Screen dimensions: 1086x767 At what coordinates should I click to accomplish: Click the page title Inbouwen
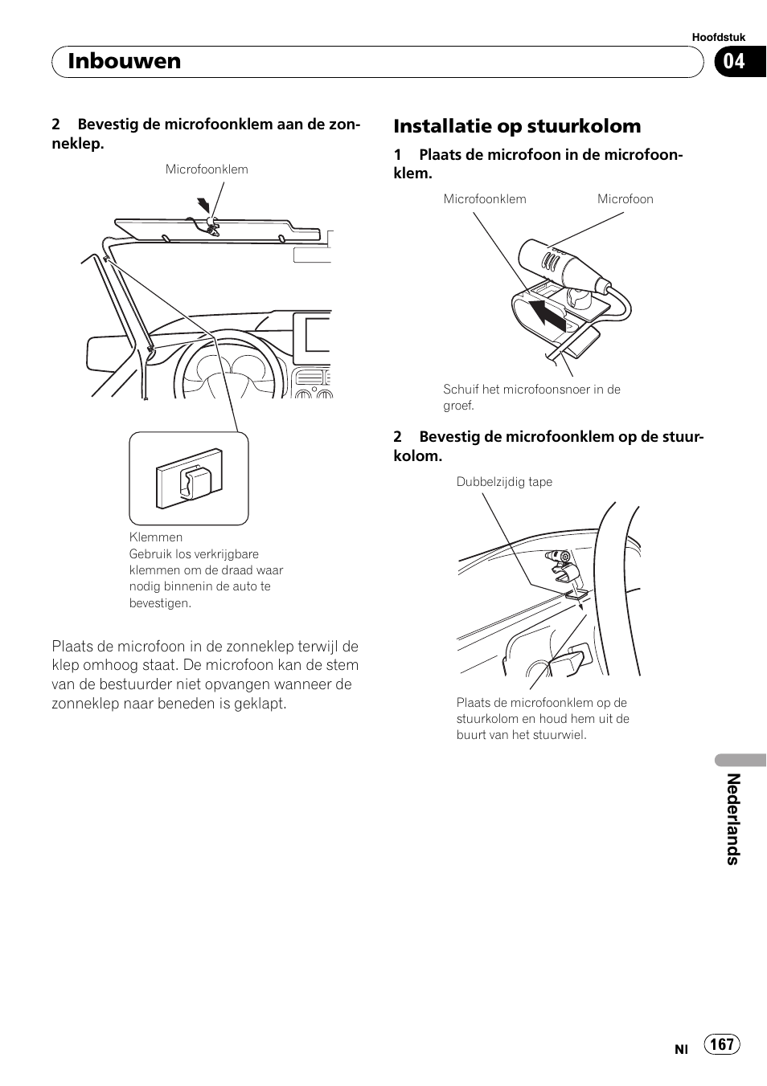point(125,62)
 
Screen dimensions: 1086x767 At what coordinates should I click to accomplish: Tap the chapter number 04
point(733,62)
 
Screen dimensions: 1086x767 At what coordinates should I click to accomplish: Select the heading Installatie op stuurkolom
point(517,126)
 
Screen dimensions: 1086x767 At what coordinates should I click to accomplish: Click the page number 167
point(722,1043)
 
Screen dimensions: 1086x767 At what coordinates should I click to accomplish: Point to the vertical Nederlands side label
point(732,819)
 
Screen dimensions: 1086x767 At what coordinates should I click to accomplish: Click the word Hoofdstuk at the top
point(718,37)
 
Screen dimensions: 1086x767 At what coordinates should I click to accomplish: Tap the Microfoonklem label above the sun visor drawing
point(207,169)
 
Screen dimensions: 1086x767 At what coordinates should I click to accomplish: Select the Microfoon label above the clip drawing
point(625,199)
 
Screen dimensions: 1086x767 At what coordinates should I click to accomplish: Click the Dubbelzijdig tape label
point(504,482)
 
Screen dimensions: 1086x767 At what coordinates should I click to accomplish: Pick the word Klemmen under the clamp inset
point(156,537)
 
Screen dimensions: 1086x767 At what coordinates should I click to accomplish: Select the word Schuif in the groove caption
point(461,390)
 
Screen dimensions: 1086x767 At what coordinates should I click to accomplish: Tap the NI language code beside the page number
point(681,1049)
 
